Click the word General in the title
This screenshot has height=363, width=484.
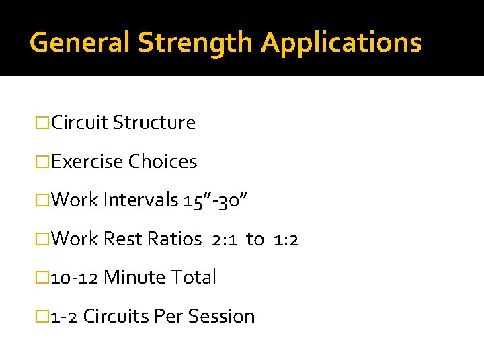80,42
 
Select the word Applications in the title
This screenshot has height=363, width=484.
341,42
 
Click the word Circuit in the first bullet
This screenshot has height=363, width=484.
79,123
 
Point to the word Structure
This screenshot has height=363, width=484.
154,123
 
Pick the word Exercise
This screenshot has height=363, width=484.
87,162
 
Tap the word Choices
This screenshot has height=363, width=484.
163,162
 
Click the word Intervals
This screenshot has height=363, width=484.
140,200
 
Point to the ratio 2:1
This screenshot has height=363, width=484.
224,239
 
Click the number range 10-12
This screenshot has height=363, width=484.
75,277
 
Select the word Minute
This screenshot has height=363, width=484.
135,277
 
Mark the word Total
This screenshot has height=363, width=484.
194,277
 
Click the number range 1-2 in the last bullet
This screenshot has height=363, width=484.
65,316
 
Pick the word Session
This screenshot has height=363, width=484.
223,316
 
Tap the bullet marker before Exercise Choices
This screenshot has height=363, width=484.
43,162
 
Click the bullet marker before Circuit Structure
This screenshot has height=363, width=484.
43,123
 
